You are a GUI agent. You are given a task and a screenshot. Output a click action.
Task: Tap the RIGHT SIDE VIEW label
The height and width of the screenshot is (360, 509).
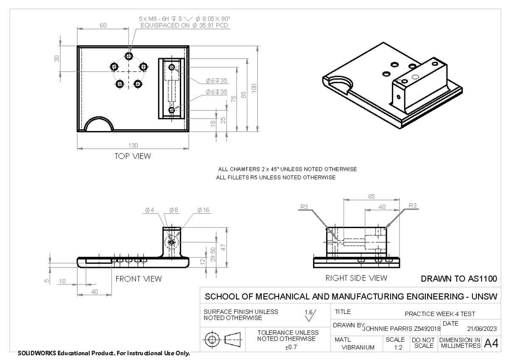coord(356,278)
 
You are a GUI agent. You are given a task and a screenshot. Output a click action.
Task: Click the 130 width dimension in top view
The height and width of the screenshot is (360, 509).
coord(133,145)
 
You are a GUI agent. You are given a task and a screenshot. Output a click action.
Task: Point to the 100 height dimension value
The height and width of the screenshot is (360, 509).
coord(254,88)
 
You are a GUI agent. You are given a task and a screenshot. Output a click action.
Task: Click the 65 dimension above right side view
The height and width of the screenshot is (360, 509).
coord(372,196)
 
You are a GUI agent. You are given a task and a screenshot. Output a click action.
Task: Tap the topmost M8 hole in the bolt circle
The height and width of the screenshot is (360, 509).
coord(129,56)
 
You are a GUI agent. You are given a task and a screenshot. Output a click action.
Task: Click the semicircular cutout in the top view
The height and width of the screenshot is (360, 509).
coord(98,125)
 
